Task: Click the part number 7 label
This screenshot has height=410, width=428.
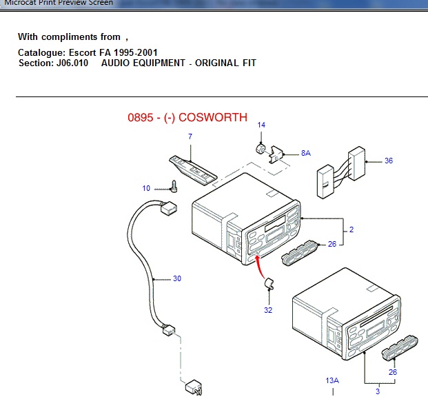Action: [190, 137]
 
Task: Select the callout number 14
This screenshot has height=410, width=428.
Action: [261, 125]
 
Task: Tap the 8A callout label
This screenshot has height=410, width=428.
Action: [305, 153]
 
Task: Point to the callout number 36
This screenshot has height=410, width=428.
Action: [389, 161]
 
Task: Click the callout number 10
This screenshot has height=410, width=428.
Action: [146, 188]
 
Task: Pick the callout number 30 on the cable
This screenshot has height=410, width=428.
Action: [177, 278]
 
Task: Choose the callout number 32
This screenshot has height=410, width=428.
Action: [268, 310]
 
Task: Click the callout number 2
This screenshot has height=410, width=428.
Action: [351, 229]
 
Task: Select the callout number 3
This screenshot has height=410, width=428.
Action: [378, 391]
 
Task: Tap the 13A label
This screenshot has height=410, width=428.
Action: [333, 380]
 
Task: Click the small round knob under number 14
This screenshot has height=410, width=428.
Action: [261, 149]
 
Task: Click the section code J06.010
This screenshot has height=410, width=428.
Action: [71, 63]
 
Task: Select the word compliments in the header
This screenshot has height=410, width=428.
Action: [70, 37]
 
